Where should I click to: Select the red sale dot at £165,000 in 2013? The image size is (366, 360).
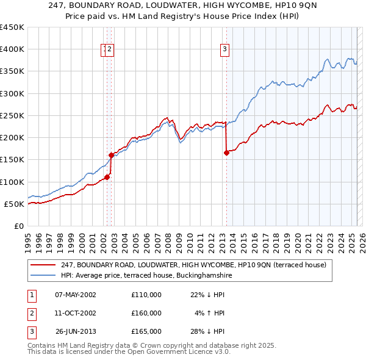(226, 153)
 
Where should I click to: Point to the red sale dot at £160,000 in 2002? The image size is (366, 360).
(112, 155)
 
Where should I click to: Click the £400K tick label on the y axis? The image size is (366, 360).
(12, 49)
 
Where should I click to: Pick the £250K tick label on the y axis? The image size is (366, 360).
(12, 116)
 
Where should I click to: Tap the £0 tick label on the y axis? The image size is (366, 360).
(19, 226)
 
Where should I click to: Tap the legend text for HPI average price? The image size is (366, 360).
(146, 276)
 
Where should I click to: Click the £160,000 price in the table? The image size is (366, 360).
(146, 313)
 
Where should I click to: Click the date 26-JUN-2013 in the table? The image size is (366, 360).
(76, 331)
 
